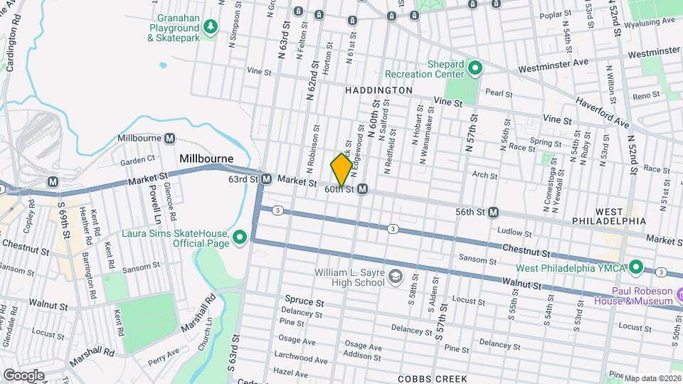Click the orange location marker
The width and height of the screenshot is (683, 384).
click(341, 170)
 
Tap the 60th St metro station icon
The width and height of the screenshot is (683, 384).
click(363, 189)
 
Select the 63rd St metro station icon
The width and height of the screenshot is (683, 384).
click(266, 179)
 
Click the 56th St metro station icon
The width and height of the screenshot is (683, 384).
click(493, 212)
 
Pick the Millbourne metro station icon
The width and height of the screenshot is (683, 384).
click(170, 138)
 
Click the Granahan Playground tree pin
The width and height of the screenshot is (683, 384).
click(211, 27)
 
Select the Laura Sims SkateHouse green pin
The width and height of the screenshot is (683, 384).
click(240, 237)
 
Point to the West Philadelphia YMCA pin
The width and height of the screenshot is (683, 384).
click(637, 267)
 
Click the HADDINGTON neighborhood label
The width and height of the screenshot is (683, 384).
click(378, 91)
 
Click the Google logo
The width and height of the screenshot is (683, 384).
click(23, 375)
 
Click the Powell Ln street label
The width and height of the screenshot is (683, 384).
click(154, 201)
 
